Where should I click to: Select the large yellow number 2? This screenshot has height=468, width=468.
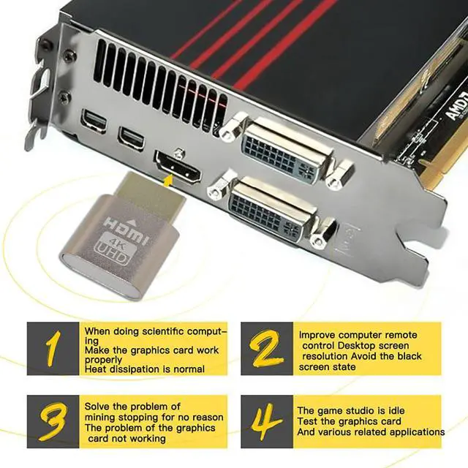tap(268, 349)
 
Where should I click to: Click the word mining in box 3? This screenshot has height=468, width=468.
tap(101, 417)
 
